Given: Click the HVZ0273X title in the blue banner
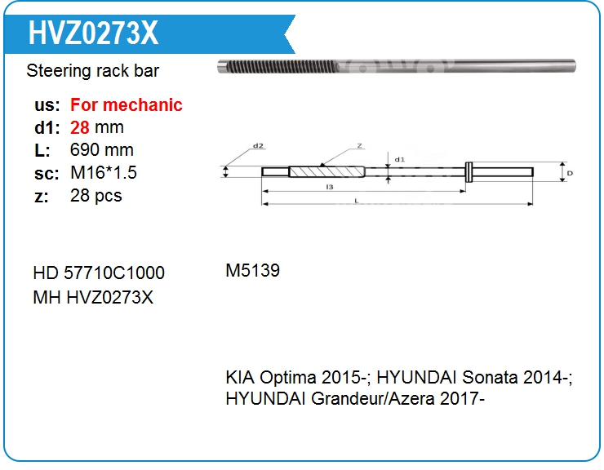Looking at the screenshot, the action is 93,33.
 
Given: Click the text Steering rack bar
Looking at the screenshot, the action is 92,71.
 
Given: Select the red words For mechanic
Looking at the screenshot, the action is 127,105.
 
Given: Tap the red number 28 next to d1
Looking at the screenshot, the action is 80,127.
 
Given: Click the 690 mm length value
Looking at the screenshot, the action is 102,150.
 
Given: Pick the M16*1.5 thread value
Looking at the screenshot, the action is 103,173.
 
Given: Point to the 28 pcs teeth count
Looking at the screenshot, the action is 96,196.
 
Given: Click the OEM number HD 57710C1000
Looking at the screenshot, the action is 99,273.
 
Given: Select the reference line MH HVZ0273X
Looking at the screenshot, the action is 93,297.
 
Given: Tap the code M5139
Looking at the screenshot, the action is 253,270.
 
